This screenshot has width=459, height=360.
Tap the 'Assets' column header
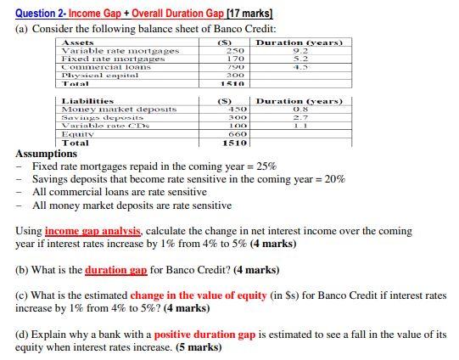coord(78,42)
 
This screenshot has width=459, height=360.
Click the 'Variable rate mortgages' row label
coord(120,51)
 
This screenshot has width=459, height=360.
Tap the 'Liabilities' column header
coord(88,101)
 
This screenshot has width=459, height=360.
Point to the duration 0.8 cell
coord(299,109)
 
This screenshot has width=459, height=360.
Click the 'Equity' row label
coord(76,134)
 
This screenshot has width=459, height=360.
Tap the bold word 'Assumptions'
coord(47,154)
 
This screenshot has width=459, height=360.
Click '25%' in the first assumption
coord(266,166)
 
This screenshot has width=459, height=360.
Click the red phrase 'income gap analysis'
coord(93,231)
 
